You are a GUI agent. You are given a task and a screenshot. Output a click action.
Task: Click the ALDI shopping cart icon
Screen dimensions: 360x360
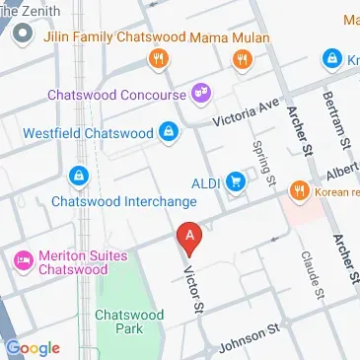[237, 181]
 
